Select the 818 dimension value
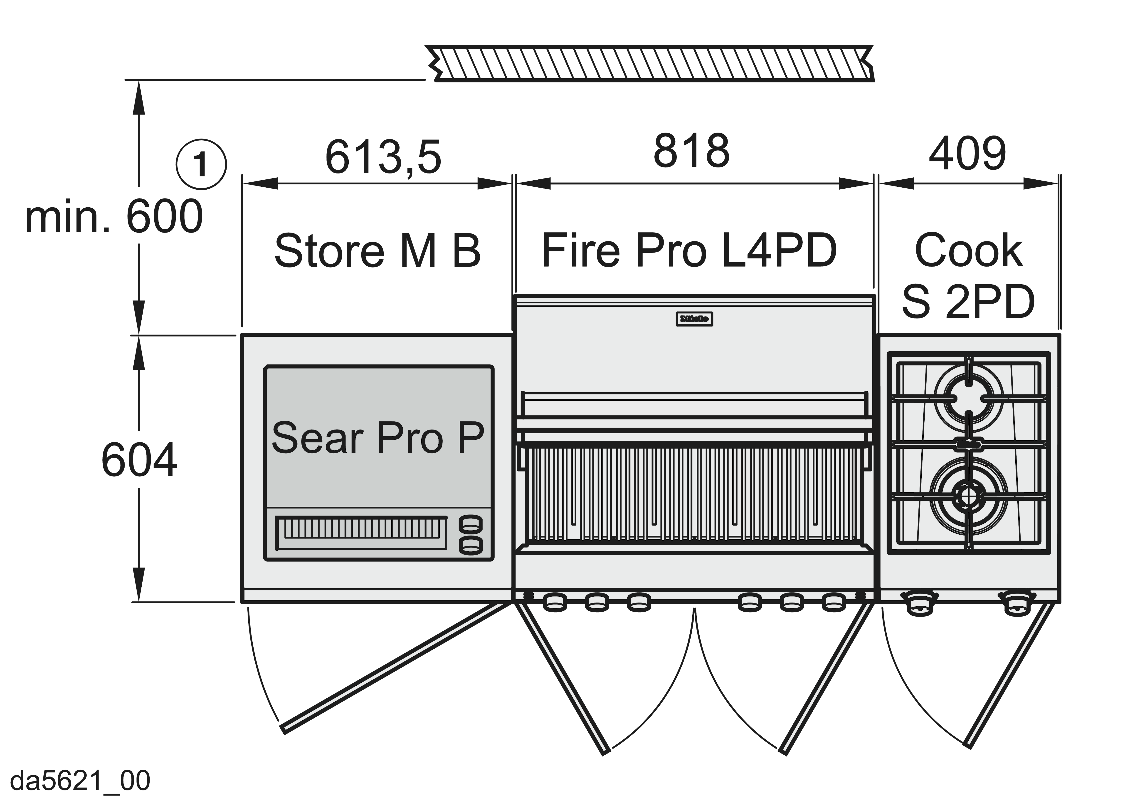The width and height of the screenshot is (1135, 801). tap(691, 151)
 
